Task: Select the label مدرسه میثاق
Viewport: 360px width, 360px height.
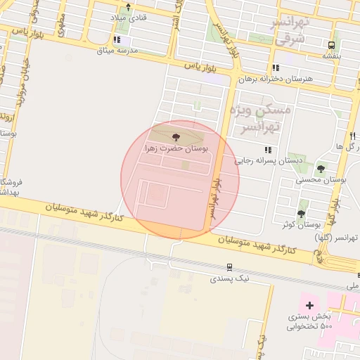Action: pos(117,51)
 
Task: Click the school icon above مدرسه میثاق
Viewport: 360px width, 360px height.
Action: pos(117,40)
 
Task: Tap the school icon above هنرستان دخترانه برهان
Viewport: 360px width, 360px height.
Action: pos(273,69)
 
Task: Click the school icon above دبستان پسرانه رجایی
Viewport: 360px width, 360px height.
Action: pos(267,150)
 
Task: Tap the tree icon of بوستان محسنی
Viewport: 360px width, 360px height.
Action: pos(321,169)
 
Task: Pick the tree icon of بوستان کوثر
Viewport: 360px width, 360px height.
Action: pos(302,214)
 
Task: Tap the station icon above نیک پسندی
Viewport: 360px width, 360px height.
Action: pos(229,267)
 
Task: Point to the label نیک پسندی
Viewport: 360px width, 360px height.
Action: pos(229,279)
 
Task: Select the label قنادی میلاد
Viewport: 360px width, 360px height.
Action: pos(128,18)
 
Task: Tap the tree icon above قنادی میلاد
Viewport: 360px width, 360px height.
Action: pos(128,7)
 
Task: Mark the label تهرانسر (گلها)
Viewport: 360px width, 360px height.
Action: pos(337,238)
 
